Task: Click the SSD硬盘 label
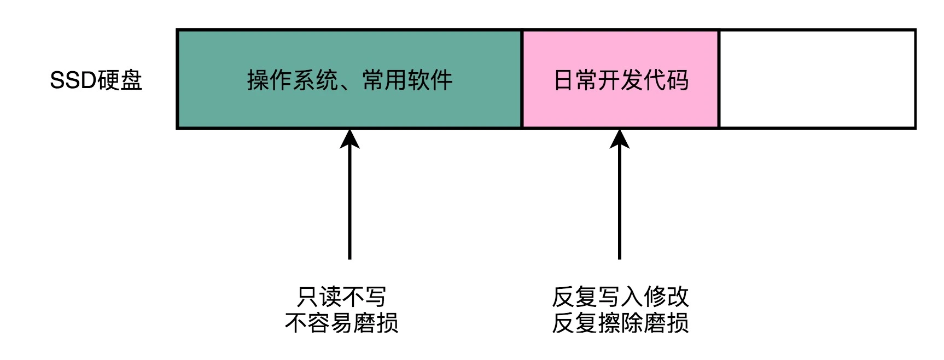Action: pyautogui.click(x=96, y=80)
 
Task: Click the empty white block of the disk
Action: pyautogui.click(x=817, y=79)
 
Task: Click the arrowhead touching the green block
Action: pyautogui.click(x=349, y=138)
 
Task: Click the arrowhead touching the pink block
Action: pyautogui.click(x=620, y=138)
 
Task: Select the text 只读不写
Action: pyautogui.click(x=341, y=297)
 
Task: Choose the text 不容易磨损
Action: pyautogui.click(x=341, y=323)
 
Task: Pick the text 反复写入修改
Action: pyautogui.click(x=620, y=297)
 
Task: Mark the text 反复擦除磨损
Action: pyautogui.click(x=620, y=323)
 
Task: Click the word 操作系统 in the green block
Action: pyautogui.click(x=292, y=80)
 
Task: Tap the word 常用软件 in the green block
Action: pyautogui.click(x=407, y=80)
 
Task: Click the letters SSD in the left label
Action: pyautogui.click(x=73, y=80)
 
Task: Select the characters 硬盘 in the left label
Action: pyautogui.click(x=120, y=80)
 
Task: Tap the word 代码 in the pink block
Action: pyautogui.click(x=666, y=80)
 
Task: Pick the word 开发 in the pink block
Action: pyautogui.click(x=620, y=80)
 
